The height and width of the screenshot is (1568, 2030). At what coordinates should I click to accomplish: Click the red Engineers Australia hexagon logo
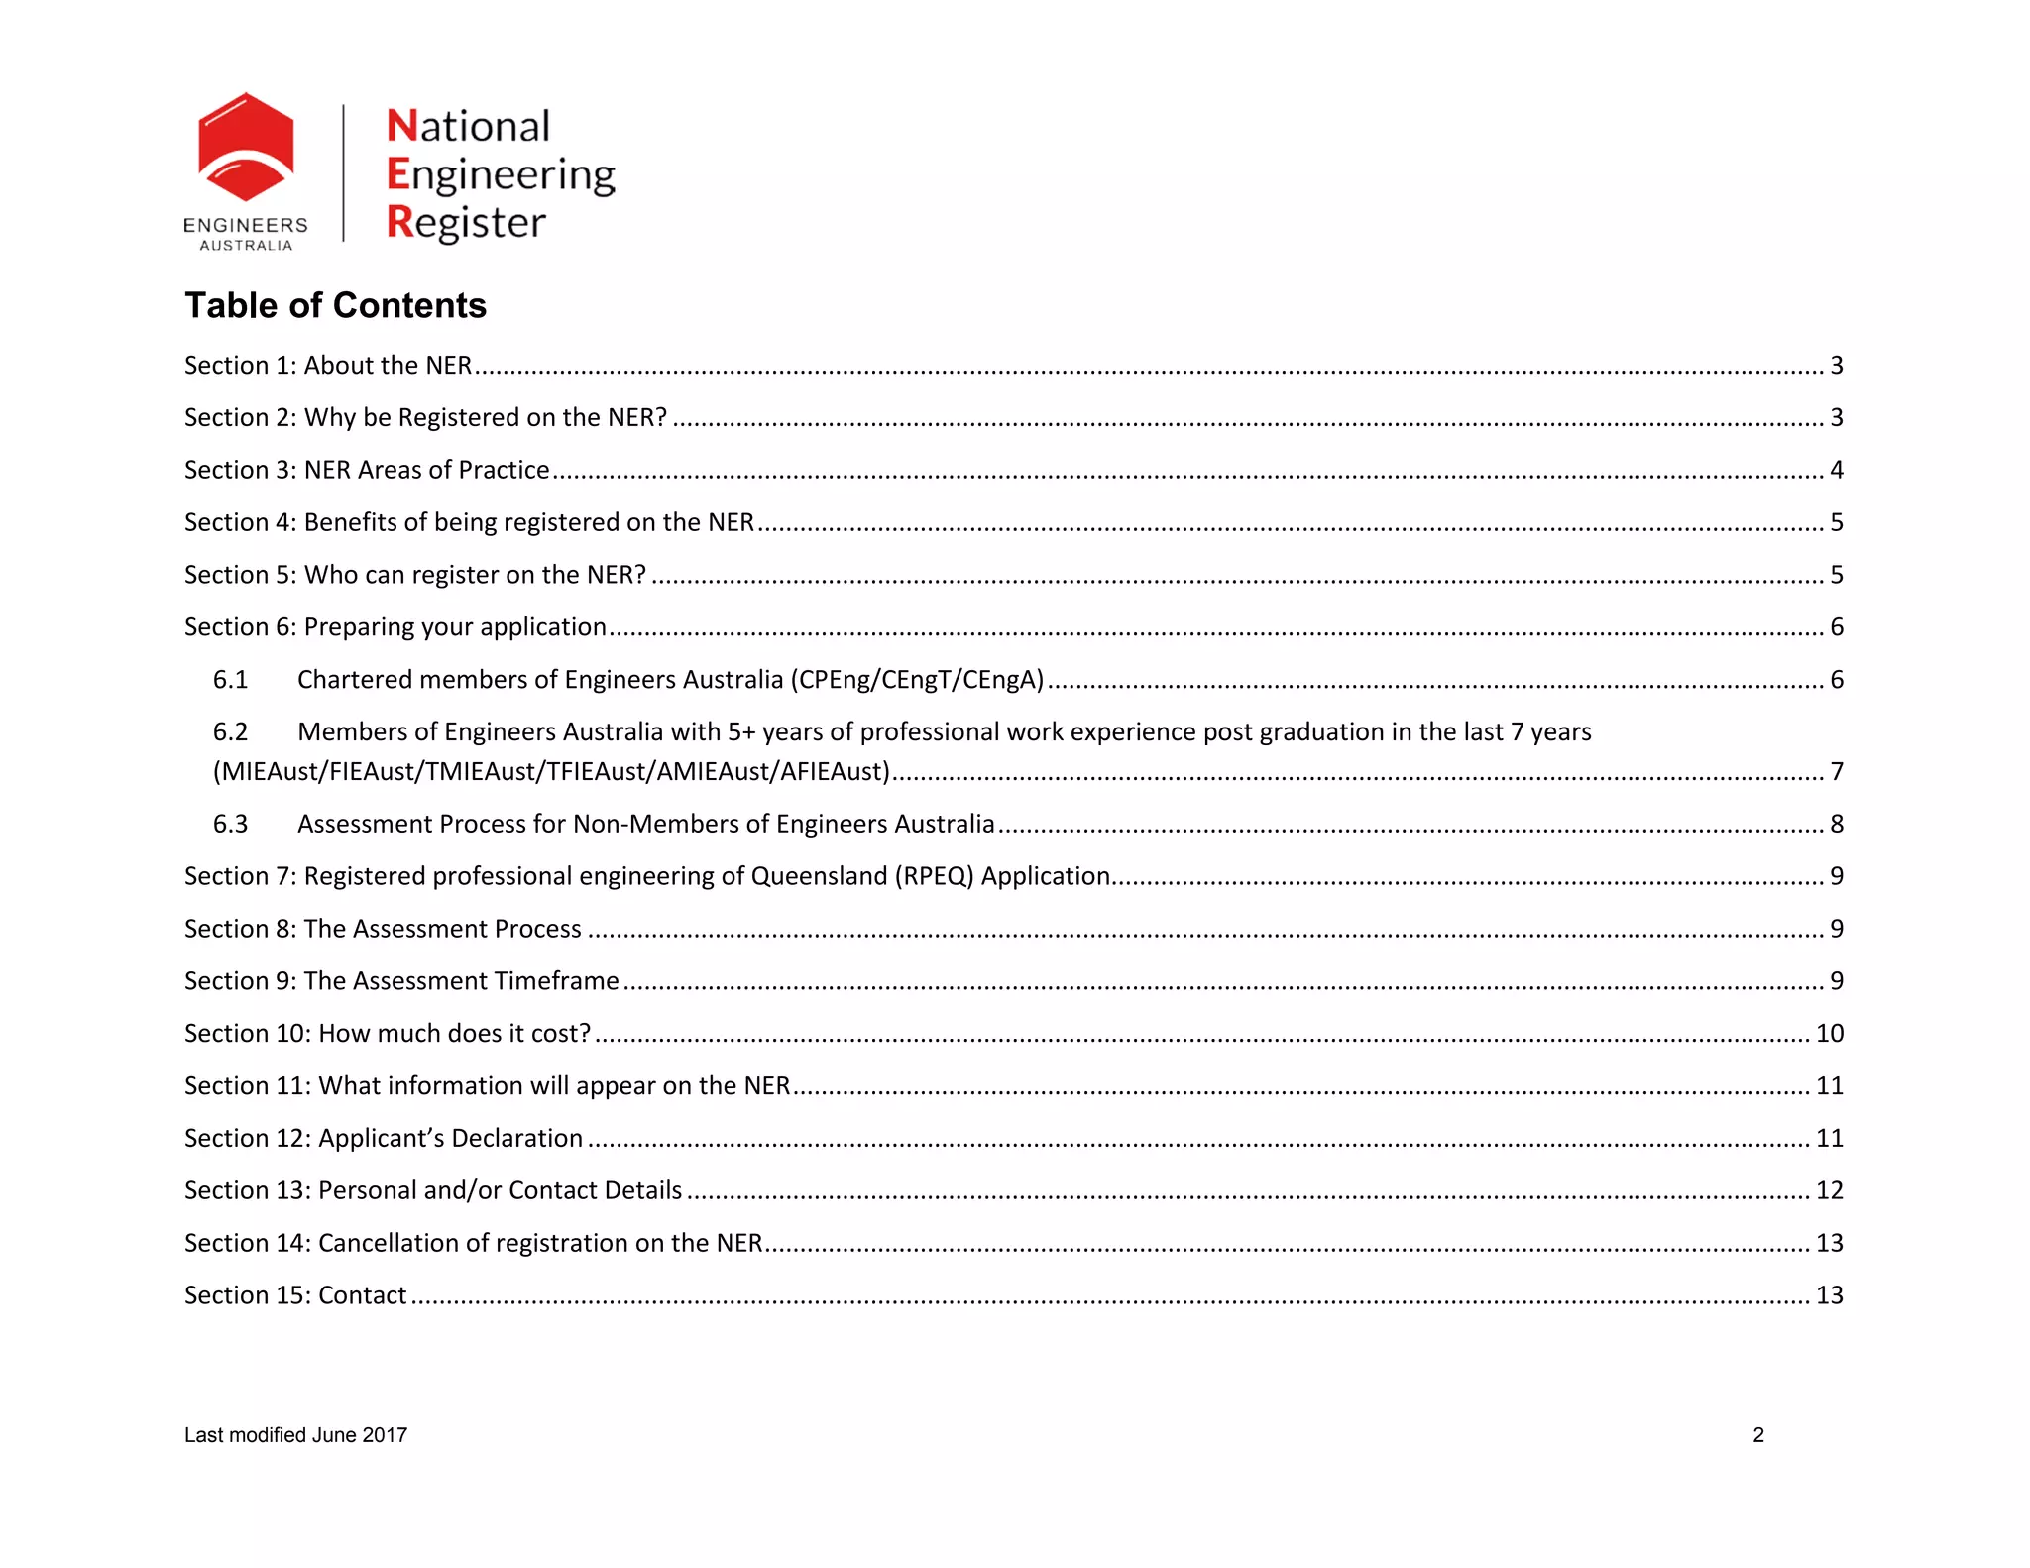246,149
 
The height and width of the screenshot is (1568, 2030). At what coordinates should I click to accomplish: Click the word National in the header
468,127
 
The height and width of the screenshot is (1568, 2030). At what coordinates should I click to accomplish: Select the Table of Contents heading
335,305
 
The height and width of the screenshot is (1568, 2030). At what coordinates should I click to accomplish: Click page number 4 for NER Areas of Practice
1836,470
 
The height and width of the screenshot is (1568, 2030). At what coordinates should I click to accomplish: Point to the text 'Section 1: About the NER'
328,366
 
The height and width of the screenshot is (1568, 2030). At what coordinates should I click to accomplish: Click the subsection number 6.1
230,680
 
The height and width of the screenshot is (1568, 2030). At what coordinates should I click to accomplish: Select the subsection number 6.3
230,825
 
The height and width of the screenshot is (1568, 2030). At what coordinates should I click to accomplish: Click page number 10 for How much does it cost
1829,1034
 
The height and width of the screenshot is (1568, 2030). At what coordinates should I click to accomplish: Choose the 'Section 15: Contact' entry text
295,1296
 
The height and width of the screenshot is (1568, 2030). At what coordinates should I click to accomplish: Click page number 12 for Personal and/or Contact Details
1829,1190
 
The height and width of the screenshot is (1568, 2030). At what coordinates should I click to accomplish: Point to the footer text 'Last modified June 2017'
295,1435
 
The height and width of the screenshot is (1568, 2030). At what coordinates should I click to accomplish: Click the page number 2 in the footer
1758,1435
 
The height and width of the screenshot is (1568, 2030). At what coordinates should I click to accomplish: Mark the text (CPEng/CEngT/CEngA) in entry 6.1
917,680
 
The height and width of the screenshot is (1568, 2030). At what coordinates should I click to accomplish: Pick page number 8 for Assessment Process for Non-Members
1836,825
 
